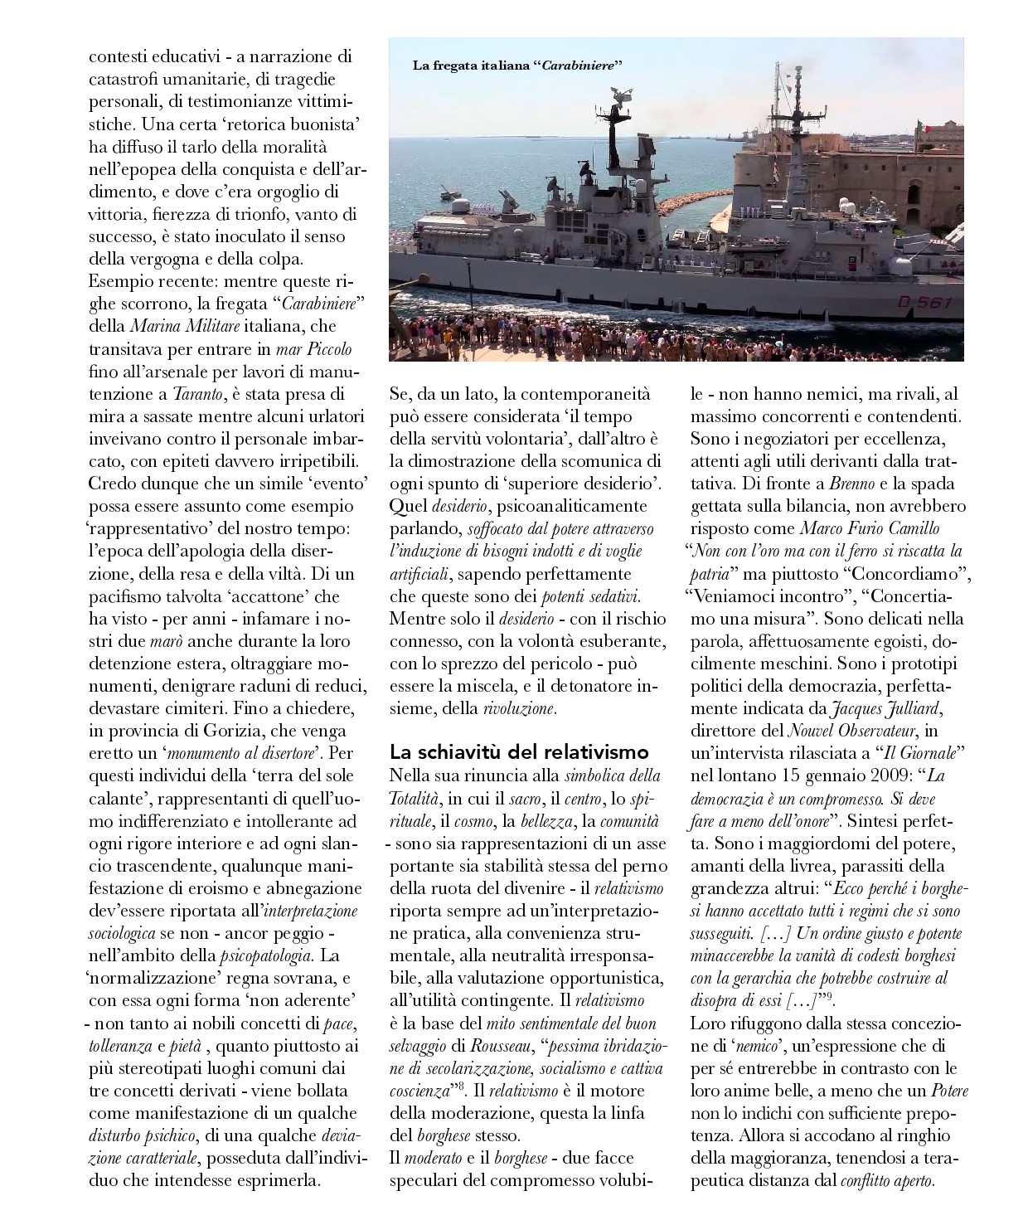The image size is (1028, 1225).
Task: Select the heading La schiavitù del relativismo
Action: click(518, 752)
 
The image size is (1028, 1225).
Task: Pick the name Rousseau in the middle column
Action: click(505, 1045)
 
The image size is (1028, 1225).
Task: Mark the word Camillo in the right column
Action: click(911, 528)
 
